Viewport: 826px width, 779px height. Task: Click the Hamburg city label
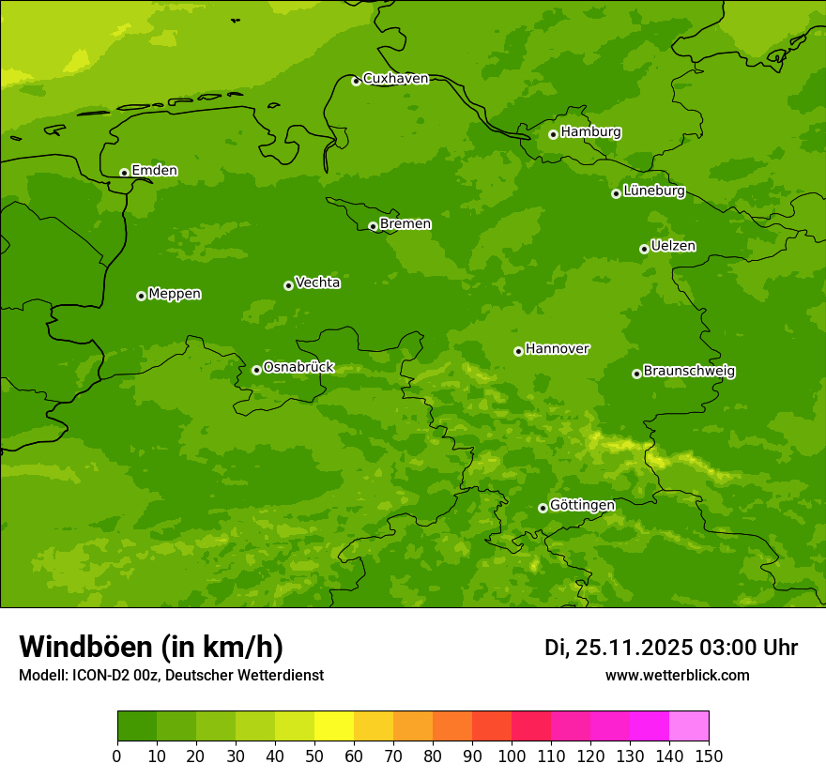pyautogui.click(x=590, y=132)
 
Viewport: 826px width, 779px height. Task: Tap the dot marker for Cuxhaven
pyautogui.click(x=356, y=81)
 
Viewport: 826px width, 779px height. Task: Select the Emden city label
pyautogui.click(x=154, y=171)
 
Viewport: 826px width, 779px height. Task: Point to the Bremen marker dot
pyautogui.click(x=373, y=226)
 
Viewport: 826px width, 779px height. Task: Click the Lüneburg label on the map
pyautogui.click(x=654, y=191)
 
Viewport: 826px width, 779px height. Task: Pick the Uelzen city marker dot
pyautogui.click(x=644, y=249)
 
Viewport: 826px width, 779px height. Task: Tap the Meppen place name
pyautogui.click(x=175, y=294)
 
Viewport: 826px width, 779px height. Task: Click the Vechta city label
pyautogui.click(x=317, y=283)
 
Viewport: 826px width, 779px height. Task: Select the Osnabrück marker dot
pyautogui.click(x=256, y=370)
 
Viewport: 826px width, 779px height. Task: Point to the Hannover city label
pyautogui.click(x=557, y=349)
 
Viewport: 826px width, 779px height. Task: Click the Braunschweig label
pyautogui.click(x=689, y=372)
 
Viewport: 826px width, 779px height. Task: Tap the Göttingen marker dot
pyautogui.click(x=543, y=508)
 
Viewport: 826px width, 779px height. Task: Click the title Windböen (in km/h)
pyautogui.click(x=151, y=647)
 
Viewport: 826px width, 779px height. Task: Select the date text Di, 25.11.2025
pyautogui.click(x=619, y=648)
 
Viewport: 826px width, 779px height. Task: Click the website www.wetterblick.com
pyautogui.click(x=677, y=675)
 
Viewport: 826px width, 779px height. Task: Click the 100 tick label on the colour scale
pyautogui.click(x=512, y=756)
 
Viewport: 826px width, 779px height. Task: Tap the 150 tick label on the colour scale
pyautogui.click(x=708, y=756)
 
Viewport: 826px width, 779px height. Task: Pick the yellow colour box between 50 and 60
pyautogui.click(x=333, y=726)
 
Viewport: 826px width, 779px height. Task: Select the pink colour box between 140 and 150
pyautogui.click(x=688, y=726)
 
